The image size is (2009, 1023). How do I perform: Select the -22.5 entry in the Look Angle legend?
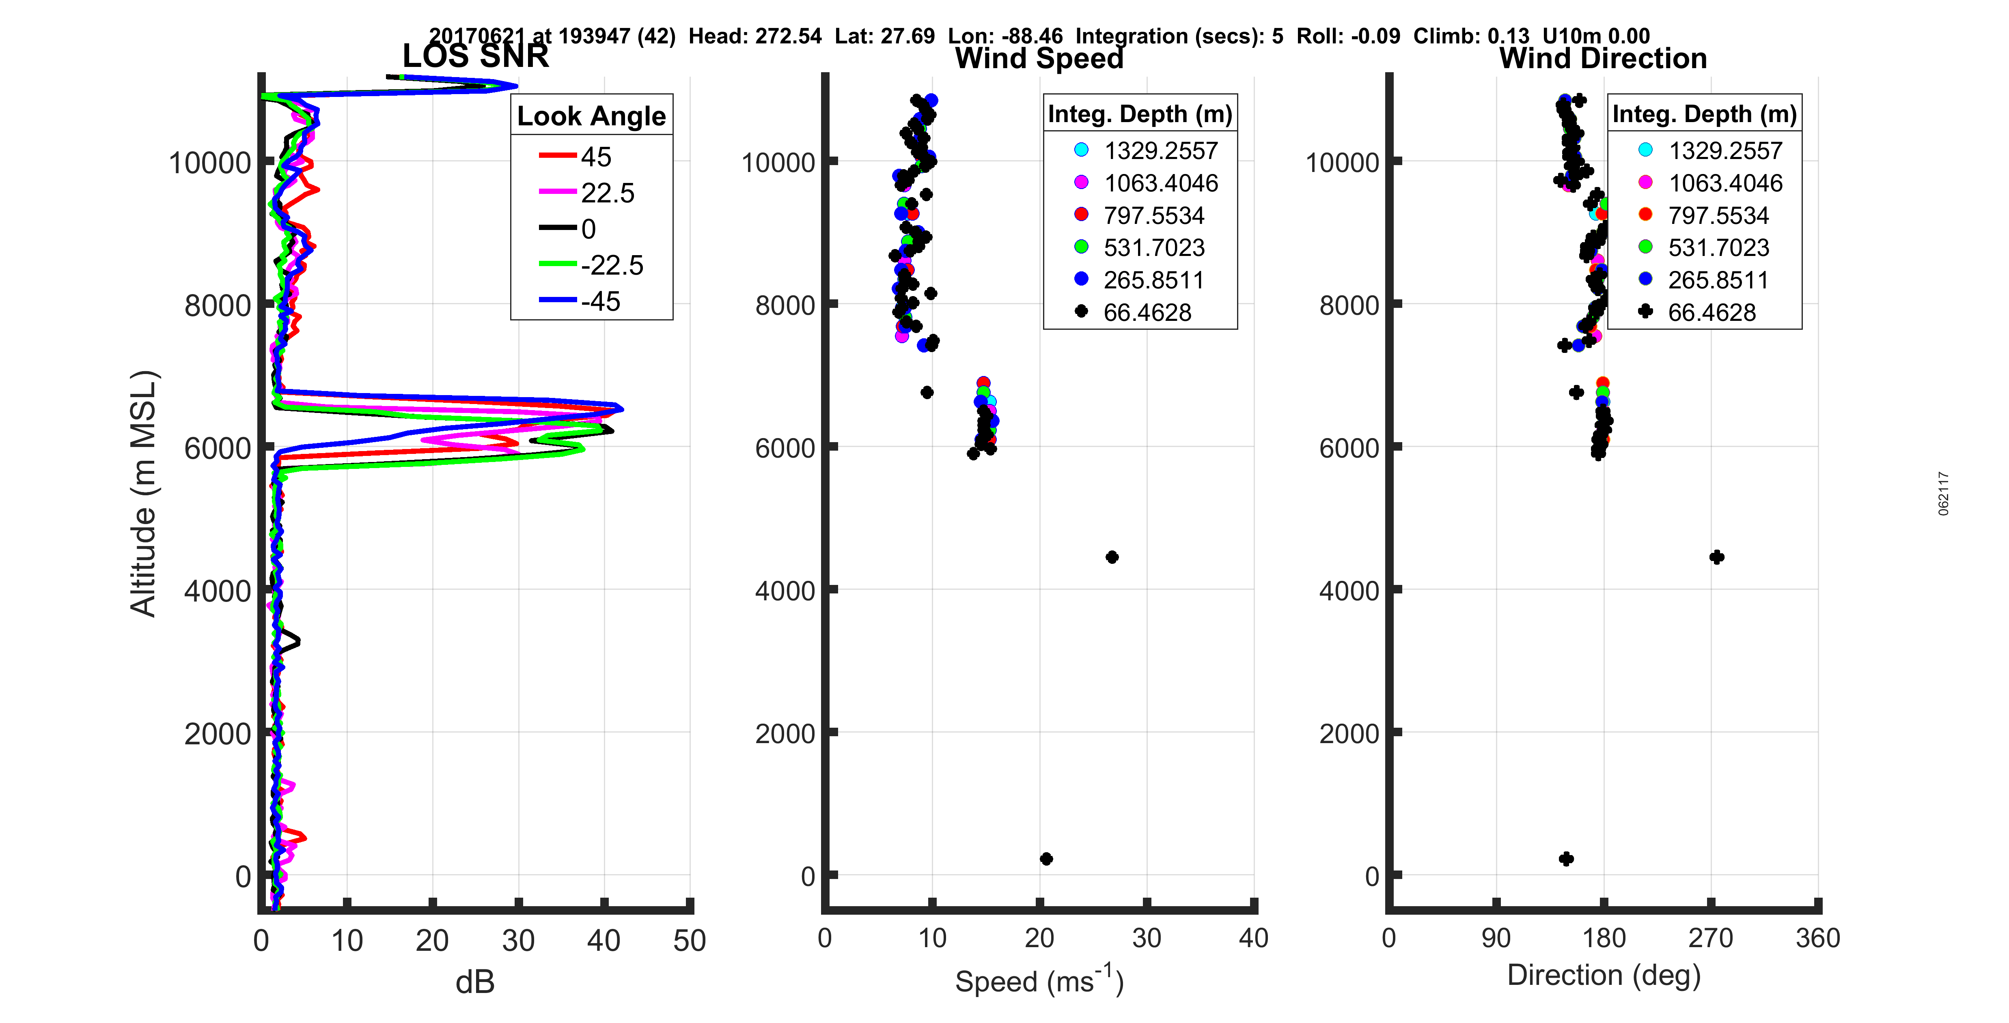(x=612, y=265)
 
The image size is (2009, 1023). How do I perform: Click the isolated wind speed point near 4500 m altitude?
(x=1112, y=557)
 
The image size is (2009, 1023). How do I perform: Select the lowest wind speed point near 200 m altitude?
(x=1047, y=858)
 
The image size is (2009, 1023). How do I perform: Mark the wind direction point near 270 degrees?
(x=1716, y=557)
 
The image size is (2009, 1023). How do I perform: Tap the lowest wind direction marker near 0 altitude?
(x=1566, y=858)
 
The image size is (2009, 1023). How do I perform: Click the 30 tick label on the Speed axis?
(x=1147, y=938)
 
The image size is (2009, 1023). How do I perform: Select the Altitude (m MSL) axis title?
(x=144, y=494)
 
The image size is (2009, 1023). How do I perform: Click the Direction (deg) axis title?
(x=1604, y=976)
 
